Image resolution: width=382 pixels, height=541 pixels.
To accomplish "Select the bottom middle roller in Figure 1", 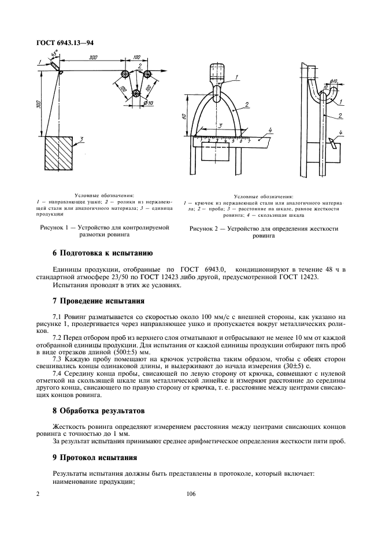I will point(135,93).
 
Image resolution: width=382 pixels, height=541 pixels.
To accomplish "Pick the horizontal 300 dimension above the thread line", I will point(92,58).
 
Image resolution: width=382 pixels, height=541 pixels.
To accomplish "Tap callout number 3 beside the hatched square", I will point(82,139).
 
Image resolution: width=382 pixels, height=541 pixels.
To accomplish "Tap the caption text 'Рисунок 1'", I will point(56,228).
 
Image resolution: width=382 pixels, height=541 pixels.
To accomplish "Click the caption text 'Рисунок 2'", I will point(206,229).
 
